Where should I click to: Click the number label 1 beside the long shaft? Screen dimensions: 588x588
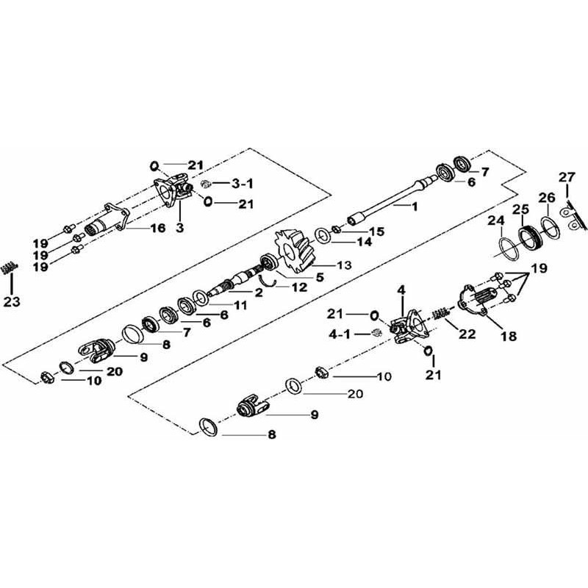point(415,207)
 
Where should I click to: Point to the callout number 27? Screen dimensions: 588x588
point(566,176)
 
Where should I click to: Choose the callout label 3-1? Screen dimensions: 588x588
point(223,183)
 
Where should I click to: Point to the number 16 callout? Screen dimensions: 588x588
point(158,229)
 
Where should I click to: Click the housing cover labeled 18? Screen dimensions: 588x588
point(481,300)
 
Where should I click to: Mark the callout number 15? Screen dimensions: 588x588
point(376,232)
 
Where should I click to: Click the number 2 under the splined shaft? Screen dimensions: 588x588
point(259,292)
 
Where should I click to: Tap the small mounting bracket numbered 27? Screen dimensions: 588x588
point(569,212)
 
